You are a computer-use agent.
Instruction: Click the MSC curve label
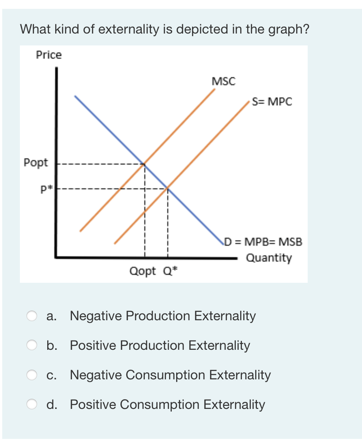[223, 82]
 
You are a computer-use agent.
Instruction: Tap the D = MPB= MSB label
[264, 242]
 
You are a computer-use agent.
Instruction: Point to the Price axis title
[49, 55]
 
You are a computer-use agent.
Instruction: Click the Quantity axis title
[269, 258]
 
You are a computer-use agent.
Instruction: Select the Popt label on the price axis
[36, 162]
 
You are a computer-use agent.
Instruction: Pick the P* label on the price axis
[46, 190]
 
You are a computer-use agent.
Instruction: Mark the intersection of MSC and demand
[144, 164]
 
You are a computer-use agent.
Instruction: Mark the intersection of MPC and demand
[168, 189]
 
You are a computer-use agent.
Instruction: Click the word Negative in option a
[95, 316]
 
